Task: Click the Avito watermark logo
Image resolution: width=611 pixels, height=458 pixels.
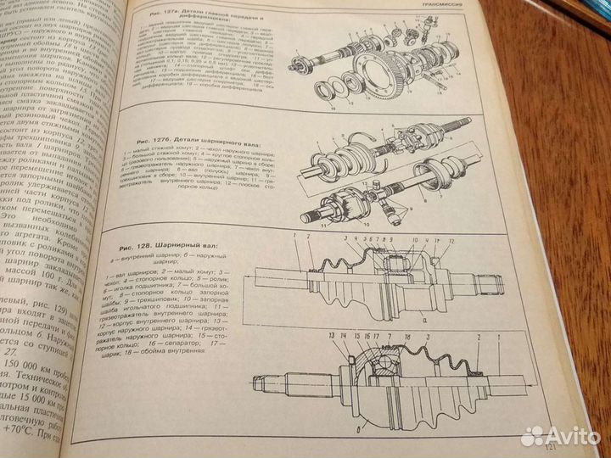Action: coord(561,436)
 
